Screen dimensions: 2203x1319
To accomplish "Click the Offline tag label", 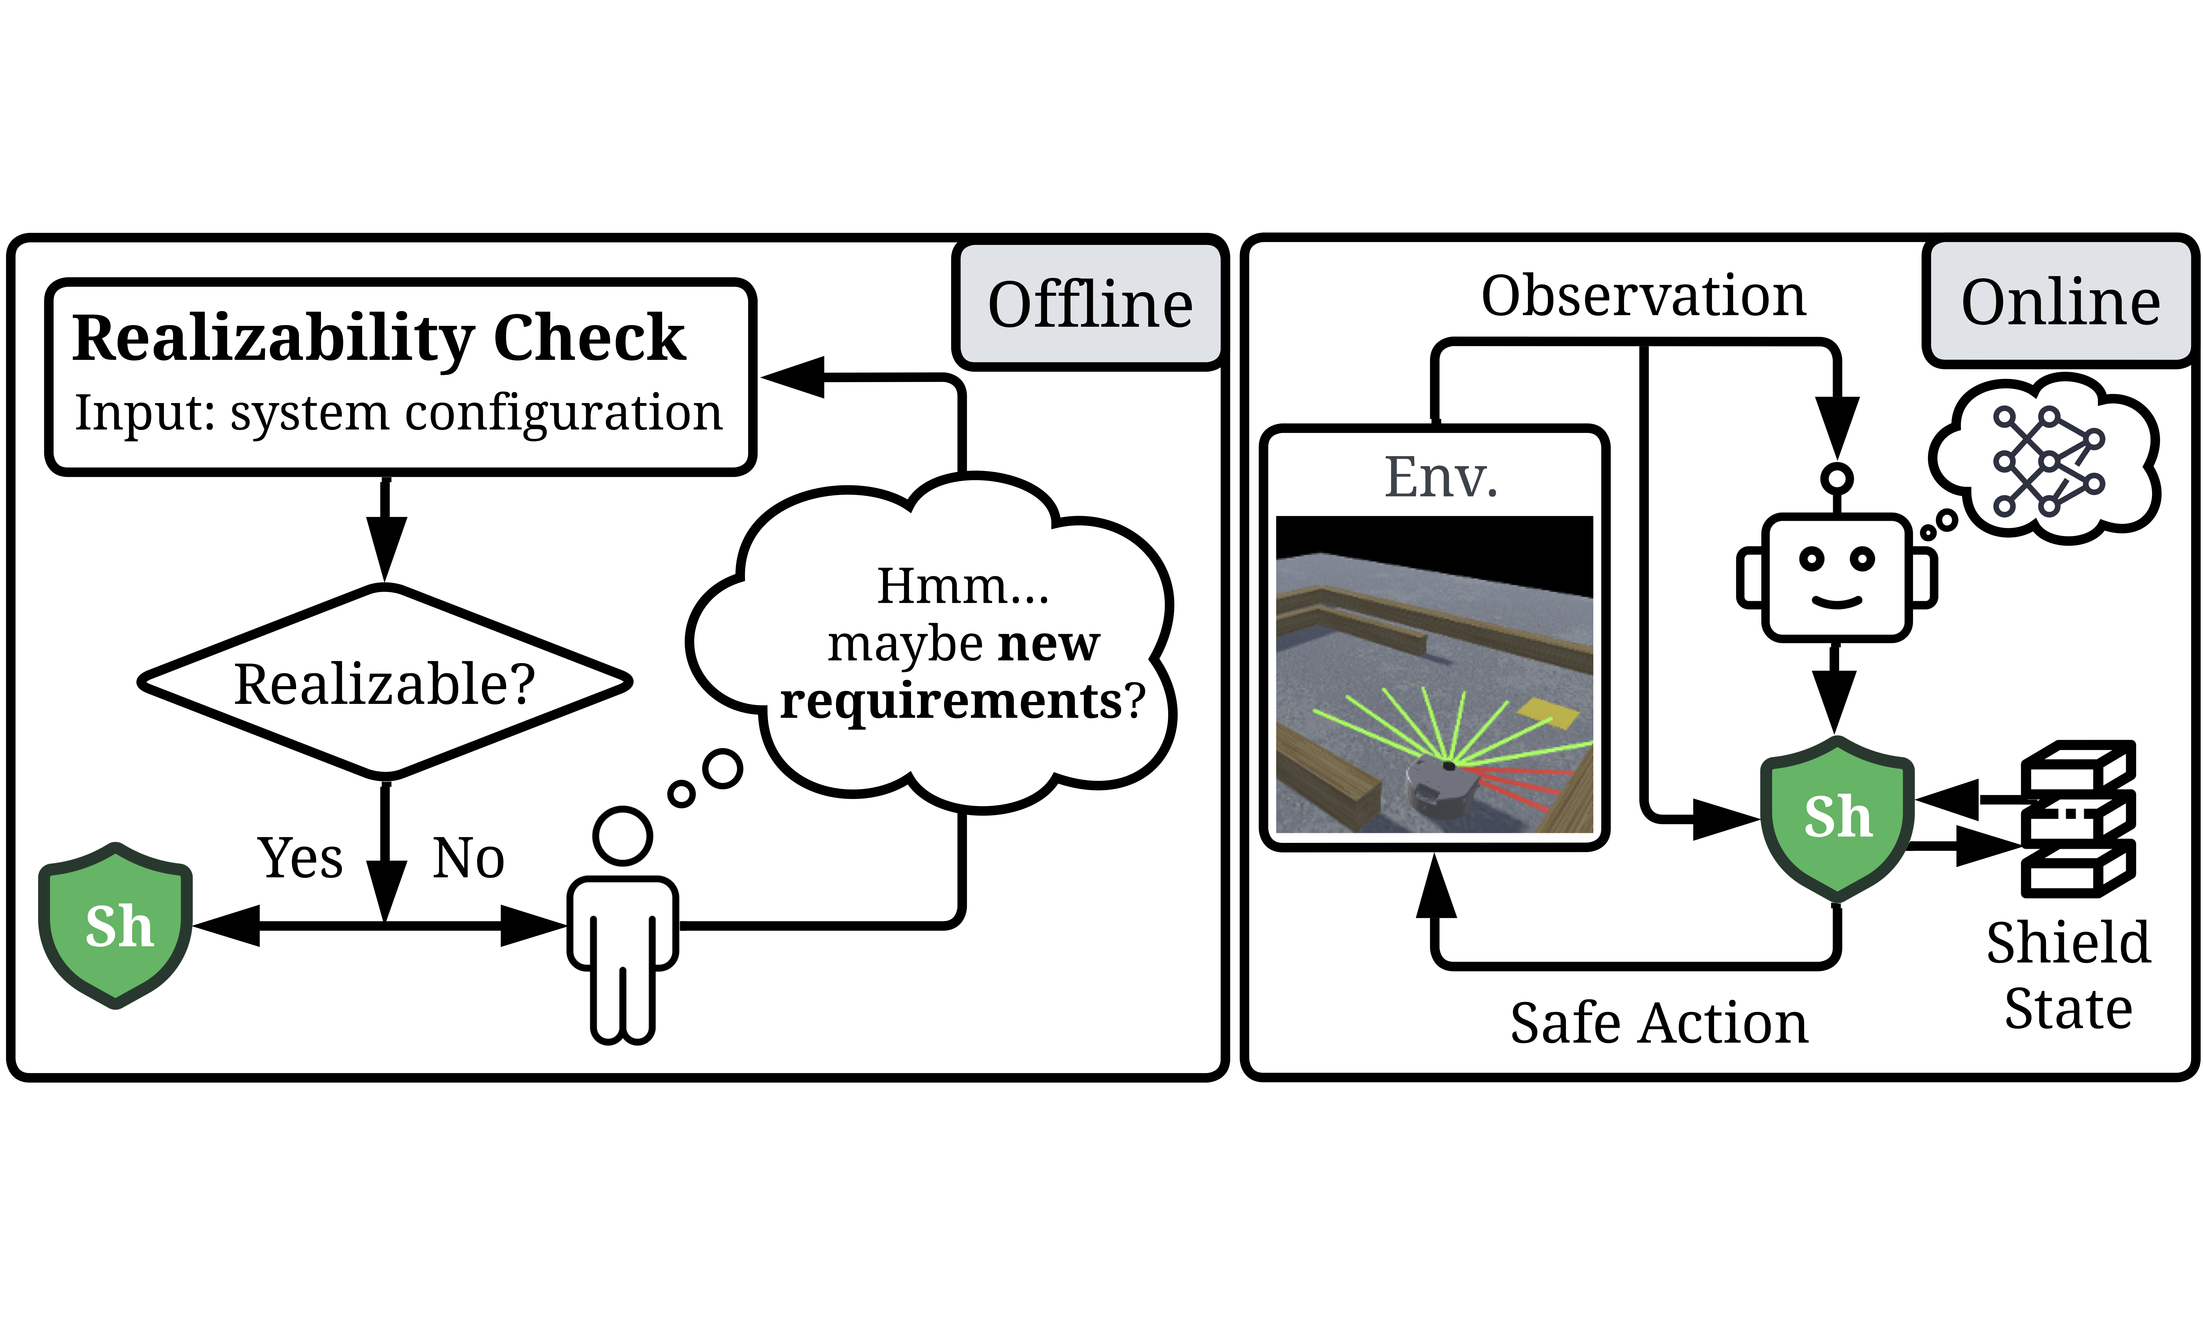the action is click(1090, 305).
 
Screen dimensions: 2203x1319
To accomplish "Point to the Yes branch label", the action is click(300, 859).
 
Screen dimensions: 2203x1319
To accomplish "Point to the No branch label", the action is click(469, 859).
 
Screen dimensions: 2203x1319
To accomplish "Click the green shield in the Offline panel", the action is click(116, 925).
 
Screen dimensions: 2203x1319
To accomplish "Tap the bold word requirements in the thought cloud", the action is click(951, 701).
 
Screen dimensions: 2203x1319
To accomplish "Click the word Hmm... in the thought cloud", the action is click(963, 587).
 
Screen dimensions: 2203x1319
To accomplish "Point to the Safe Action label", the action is click(1659, 1023).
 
